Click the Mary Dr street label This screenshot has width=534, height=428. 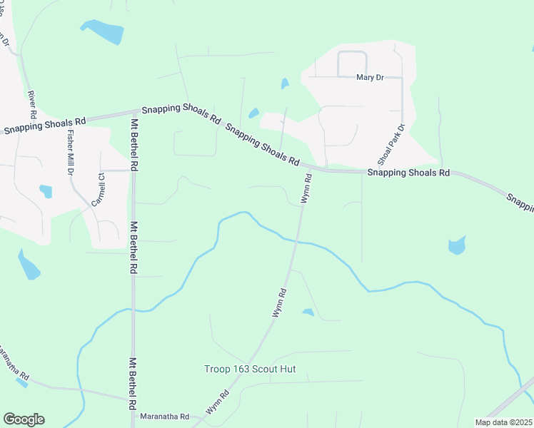point(370,77)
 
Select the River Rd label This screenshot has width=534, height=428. point(32,104)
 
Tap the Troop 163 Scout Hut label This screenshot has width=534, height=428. point(250,370)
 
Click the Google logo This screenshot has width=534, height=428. point(24,419)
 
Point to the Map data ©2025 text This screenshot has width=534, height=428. point(503,422)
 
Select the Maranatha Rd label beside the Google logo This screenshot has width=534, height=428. point(164,417)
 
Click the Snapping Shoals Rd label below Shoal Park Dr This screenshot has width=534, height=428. point(408,173)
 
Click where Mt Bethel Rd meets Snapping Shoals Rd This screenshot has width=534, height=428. point(134,112)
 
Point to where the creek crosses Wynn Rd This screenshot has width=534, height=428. point(295,242)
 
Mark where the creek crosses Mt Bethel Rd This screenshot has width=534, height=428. point(133,310)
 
